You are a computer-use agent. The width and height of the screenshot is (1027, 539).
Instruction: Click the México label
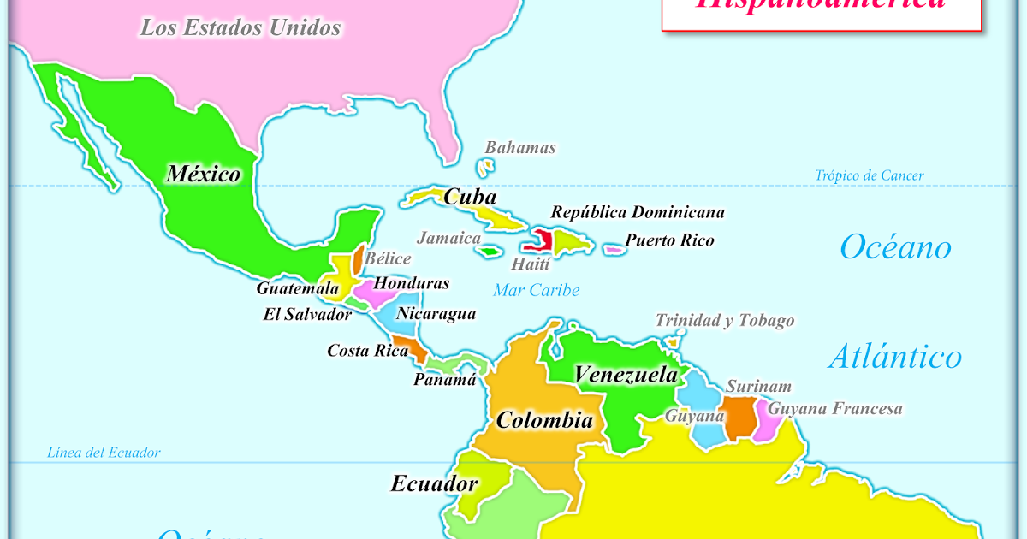click(204, 175)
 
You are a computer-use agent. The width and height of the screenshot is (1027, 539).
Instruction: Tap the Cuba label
click(470, 197)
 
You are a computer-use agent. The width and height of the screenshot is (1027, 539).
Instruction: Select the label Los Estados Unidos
click(240, 28)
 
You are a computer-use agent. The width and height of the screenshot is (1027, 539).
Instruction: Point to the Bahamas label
click(520, 148)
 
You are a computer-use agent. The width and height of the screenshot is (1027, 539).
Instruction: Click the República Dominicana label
click(638, 212)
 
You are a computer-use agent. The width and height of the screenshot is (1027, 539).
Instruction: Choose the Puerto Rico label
click(669, 240)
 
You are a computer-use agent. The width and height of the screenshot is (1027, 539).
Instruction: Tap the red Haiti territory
click(542, 240)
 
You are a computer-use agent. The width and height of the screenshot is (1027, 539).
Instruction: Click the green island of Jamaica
click(490, 252)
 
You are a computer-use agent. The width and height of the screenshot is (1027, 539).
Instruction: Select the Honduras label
click(412, 283)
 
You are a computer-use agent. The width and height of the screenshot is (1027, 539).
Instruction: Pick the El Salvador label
click(307, 315)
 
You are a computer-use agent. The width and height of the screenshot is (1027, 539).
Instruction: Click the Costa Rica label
click(367, 351)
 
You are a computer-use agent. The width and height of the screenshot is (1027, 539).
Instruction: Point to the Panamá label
click(444, 380)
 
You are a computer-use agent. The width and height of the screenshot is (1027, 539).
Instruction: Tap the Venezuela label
click(626, 375)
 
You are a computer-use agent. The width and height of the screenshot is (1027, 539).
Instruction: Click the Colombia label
click(544, 420)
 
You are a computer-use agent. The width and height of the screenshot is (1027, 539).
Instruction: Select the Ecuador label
click(434, 483)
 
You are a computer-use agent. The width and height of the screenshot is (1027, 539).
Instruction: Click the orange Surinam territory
click(739, 418)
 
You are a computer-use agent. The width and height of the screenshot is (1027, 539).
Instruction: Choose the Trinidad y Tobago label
click(725, 321)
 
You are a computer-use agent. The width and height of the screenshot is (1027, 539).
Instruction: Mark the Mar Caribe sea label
click(536, 290)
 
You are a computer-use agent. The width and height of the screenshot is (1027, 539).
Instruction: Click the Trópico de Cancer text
click(869, 175)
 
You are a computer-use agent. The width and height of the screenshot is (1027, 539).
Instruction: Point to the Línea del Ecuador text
click(104, 453)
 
